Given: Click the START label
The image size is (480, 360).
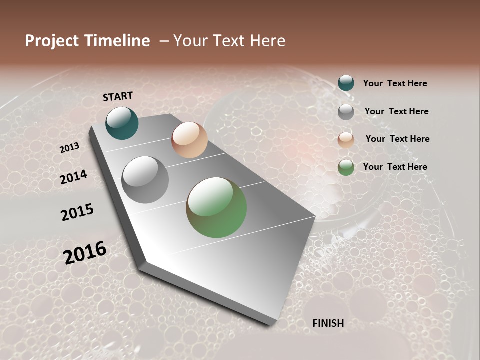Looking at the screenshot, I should pyautogui.click(x=118, y=96).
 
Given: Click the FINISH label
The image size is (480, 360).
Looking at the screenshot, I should pyautogui.click(x=328, y=323).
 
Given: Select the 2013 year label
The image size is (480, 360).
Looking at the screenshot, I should pyautogui.click(x=70, y=148).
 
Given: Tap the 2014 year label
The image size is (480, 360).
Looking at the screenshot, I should pyautogui.click(x=74, y=177).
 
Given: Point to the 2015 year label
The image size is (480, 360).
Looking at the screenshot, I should pyautogui.click(x=77, y=212).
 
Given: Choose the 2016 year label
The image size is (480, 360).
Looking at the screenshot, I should pyautogui.click(x=85, y=252).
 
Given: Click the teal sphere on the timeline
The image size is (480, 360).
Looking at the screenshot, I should pyautogui.click(x=122, y=123).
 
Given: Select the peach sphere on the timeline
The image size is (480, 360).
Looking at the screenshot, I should pyautogui.click(x=189, y=140).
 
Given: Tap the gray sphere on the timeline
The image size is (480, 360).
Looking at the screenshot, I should pyautogui.click(x=145, y=179).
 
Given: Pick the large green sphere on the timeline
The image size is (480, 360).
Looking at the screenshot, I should pyautogui.click(x=216, y=207).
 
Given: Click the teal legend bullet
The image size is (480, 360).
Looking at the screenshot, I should pyautogui.click(x=346, y=83).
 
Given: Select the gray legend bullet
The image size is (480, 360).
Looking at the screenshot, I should pyautogui.click(x=346, y=112).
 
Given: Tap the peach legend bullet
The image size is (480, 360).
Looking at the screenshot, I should pyautogui.click(x=346, y=140).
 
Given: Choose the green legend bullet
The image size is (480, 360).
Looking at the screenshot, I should pyautogui.click(x=346, y=168).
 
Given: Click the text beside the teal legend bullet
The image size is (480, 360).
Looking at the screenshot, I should pyautogui.click(x=395, y=83).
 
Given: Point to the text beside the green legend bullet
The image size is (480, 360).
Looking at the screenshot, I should pyautogui.click(x=395, y=167).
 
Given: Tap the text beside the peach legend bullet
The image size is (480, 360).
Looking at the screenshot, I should pyautogui.click(x=397, y=139).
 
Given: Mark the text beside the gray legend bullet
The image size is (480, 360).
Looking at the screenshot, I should pyautogui.click(x=396, y=111).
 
